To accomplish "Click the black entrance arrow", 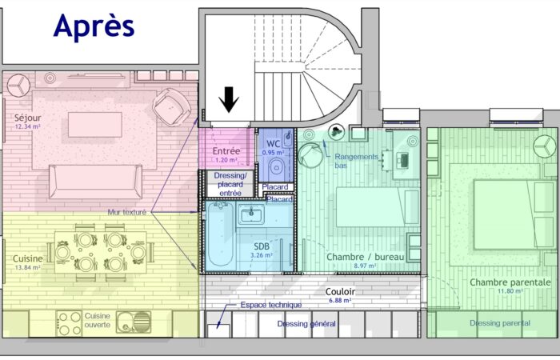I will (230, 98).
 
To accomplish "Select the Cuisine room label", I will (28, 258).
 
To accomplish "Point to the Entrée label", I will (226, 150).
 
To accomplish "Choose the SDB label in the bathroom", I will (262, 246).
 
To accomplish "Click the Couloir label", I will (339, 292).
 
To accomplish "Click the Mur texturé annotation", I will (128, 213).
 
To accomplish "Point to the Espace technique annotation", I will (271, 305).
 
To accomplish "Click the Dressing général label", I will (306, 324).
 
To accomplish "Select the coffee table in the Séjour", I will (94, 125).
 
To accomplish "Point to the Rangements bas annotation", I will (356, 161).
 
